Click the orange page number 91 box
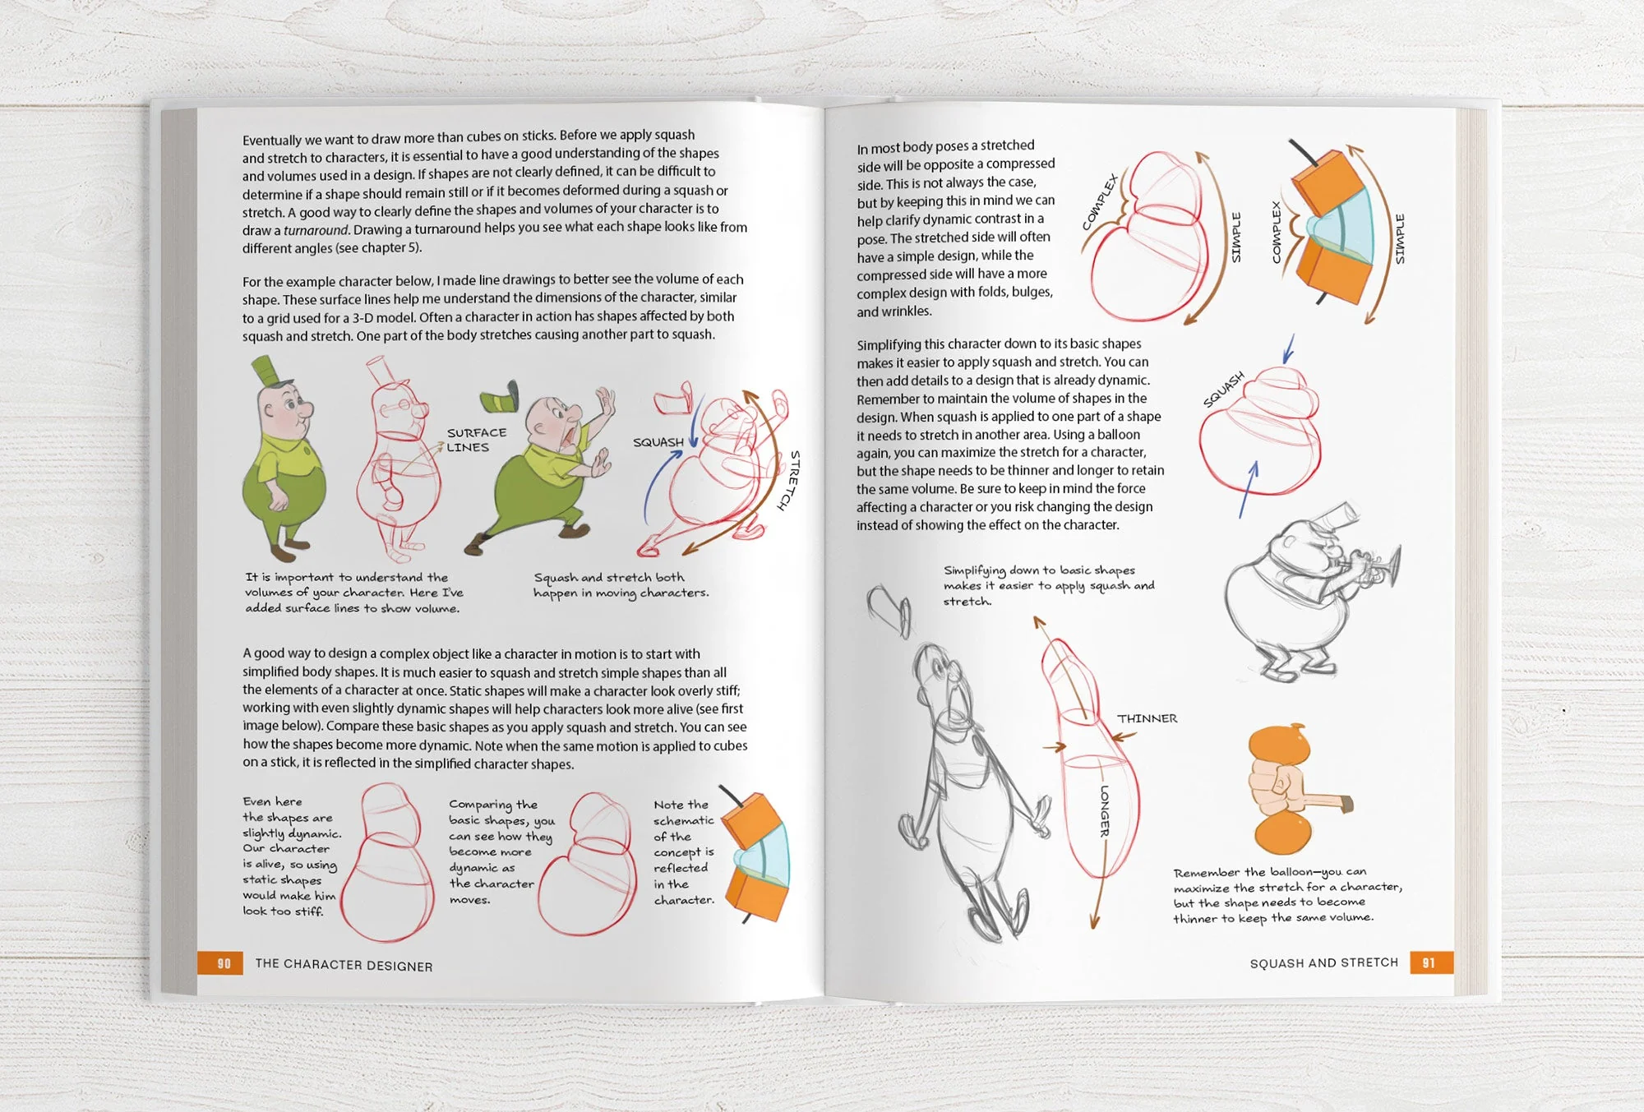coord(1430,962)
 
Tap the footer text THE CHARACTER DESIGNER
coord(344,965)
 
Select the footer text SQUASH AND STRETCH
coord(1323,962)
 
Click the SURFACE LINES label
coord(476,440)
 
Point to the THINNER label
coord(1147,718)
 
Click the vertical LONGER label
coord(1104,811)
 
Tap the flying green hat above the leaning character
coord(500,399)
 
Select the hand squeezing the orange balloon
coord(1279,788)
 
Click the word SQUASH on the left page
coord(658,442)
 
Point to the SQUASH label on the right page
coord(1224,389)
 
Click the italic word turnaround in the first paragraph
coord(316,230)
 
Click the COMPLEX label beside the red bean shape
coord(1100,202)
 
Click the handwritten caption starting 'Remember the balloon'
coord(1286,895)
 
